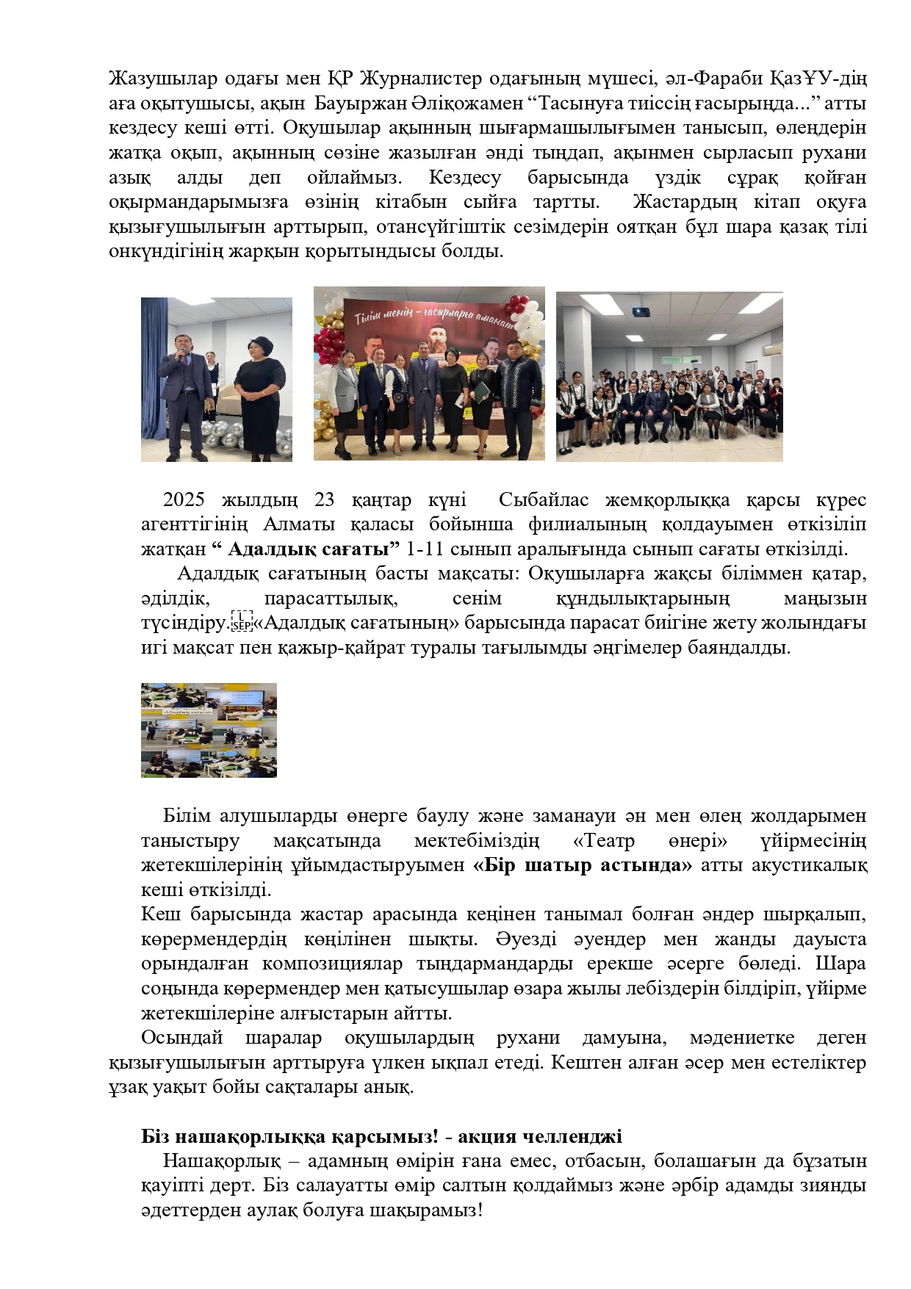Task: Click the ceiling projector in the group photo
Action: pyautogui.click(x=641, y=311)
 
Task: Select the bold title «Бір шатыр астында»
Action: pyautogui.click(x=583, y=864)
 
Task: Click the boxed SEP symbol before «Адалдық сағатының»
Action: pyautogui.click(x=241, y=622)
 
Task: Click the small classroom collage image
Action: pyautogui.click(x=209, y=729)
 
